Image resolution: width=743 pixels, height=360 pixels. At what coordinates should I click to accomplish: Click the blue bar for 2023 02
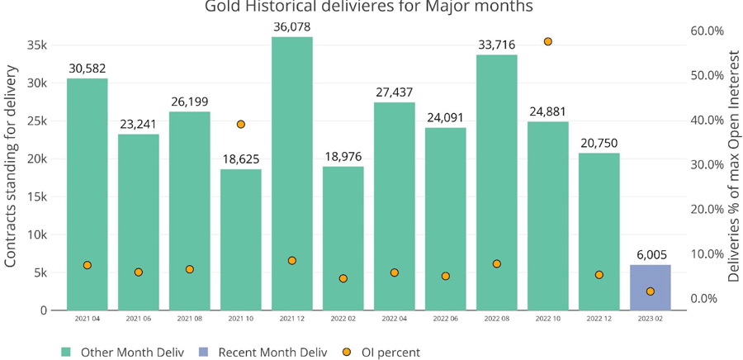pos(650,287)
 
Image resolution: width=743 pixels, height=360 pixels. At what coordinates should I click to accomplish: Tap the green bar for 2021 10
pos(240,239)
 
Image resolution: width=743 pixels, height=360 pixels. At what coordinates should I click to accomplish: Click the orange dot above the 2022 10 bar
pos(547,41)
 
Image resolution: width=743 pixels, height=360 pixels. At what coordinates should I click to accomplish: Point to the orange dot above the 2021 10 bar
pos(241,124)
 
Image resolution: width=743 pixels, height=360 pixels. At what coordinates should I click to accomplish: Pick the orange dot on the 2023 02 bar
pos(651,291)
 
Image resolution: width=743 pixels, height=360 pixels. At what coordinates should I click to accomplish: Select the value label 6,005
pos(651,255)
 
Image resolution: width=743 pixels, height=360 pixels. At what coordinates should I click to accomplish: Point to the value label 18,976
pos(343,157)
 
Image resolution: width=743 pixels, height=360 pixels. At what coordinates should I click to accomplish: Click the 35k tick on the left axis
pos(37,45)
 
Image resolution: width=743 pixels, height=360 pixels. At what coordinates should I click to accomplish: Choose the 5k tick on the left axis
pos(40,272)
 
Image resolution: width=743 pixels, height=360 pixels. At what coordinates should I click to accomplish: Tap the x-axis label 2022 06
pos(445,318)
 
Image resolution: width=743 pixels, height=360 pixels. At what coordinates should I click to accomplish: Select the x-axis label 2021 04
pos(87,318)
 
